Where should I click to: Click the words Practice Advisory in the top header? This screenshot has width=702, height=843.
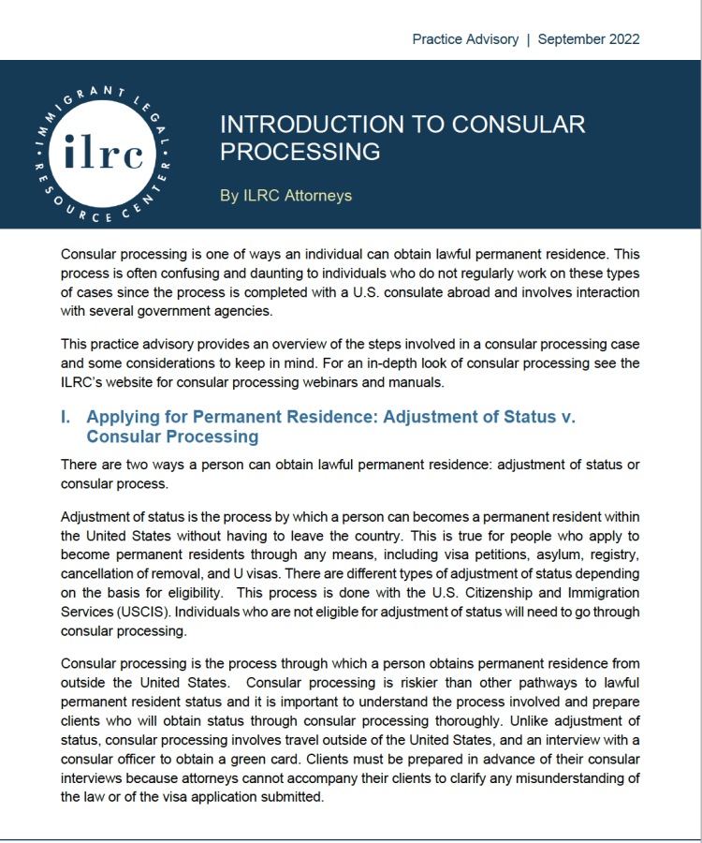[464, 39]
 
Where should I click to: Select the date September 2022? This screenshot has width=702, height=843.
[589, 39]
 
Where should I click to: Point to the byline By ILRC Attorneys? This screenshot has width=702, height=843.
[285, 196]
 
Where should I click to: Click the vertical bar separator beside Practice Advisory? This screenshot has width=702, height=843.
[528, 39]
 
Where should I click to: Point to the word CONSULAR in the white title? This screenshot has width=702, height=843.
[523, 125]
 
